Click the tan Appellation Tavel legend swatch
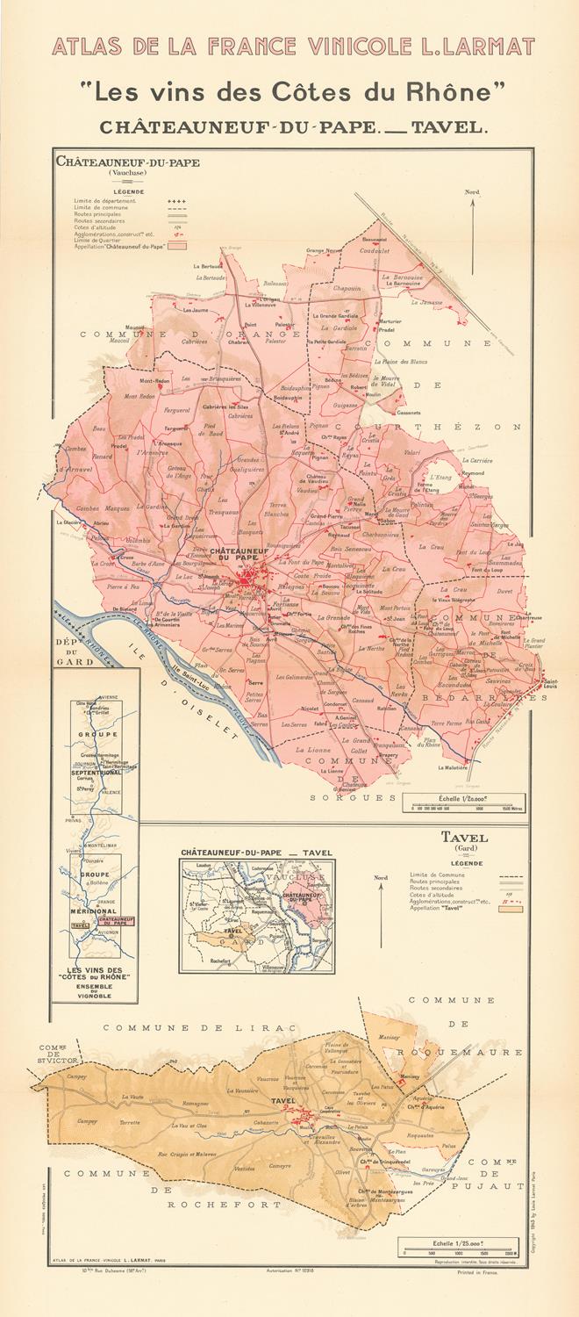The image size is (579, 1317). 511,909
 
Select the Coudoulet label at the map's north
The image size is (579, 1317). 374,249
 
